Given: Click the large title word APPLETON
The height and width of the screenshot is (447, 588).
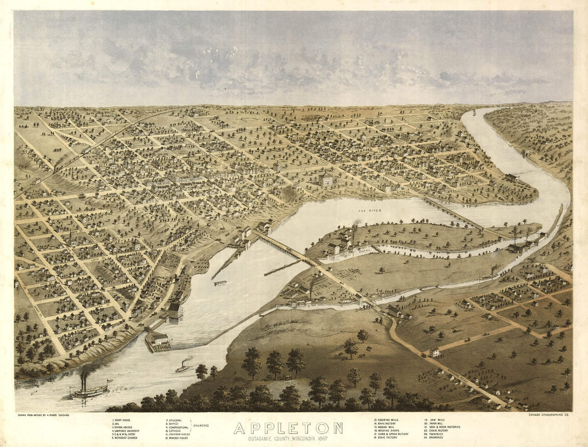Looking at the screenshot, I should coord(288,428).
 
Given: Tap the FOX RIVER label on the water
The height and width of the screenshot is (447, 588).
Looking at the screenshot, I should coord(370,210).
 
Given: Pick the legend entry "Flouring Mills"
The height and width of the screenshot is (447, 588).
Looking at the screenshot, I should coord(387,420).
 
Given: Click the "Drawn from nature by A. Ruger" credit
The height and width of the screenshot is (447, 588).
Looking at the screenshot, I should coord(44,415).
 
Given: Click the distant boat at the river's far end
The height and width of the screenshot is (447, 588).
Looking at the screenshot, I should coord(473,112).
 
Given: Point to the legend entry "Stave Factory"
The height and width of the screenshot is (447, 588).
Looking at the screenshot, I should coord(386,437).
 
